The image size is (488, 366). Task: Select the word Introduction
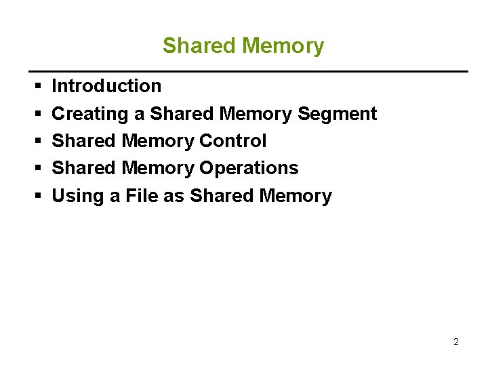(106, 86)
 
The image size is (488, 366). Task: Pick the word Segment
(337, 114)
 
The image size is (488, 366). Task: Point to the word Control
(232, 141)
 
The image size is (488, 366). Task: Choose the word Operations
(249, 168)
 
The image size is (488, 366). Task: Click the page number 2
(455, 342)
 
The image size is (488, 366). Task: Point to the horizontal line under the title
(247, 71)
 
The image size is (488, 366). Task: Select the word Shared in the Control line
(84, 141)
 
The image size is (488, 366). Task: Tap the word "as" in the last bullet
(175, 196)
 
